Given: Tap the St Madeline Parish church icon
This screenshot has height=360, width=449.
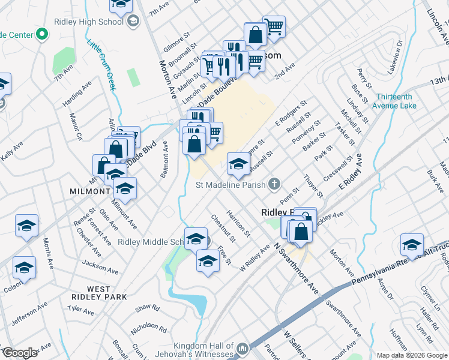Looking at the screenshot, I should coord(274,184).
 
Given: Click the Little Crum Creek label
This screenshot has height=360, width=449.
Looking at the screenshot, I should coord(102,63).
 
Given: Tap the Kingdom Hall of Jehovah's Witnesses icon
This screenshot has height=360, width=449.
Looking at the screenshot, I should coord(243,349).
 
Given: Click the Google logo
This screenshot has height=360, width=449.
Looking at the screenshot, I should coord(20,353).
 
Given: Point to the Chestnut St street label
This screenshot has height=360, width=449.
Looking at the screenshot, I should coord(223,226).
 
